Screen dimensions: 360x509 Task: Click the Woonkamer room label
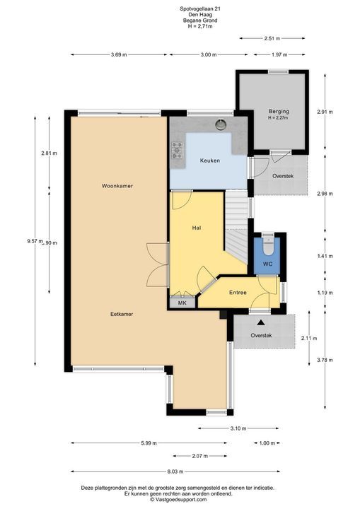pos(117,186)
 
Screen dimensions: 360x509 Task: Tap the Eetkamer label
pos(122,314)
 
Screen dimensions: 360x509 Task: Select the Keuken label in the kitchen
pos(210,160)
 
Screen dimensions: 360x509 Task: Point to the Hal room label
pos(197,228)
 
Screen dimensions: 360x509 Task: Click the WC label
pos(267,264)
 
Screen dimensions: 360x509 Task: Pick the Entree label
pos(238,293)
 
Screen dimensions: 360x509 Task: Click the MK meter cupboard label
pos(182,303)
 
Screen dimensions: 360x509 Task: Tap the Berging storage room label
pos(279,112)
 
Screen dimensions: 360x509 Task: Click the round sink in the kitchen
pos(221,124)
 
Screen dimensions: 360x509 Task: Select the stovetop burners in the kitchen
pos(177,151)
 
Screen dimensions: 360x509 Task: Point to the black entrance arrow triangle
pos(260,322)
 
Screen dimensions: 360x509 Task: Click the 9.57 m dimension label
pos(35,241)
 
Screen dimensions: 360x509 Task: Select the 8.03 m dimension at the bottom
pos(175,472)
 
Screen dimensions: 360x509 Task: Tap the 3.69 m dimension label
pos(119,54)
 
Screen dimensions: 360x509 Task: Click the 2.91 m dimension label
pos(325,112)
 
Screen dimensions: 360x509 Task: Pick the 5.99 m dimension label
pos(149,443)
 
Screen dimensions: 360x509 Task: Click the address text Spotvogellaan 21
pos(200,9)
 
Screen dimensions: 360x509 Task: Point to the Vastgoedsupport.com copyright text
pos(178,500)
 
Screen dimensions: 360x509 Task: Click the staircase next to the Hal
pos(237,226)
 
